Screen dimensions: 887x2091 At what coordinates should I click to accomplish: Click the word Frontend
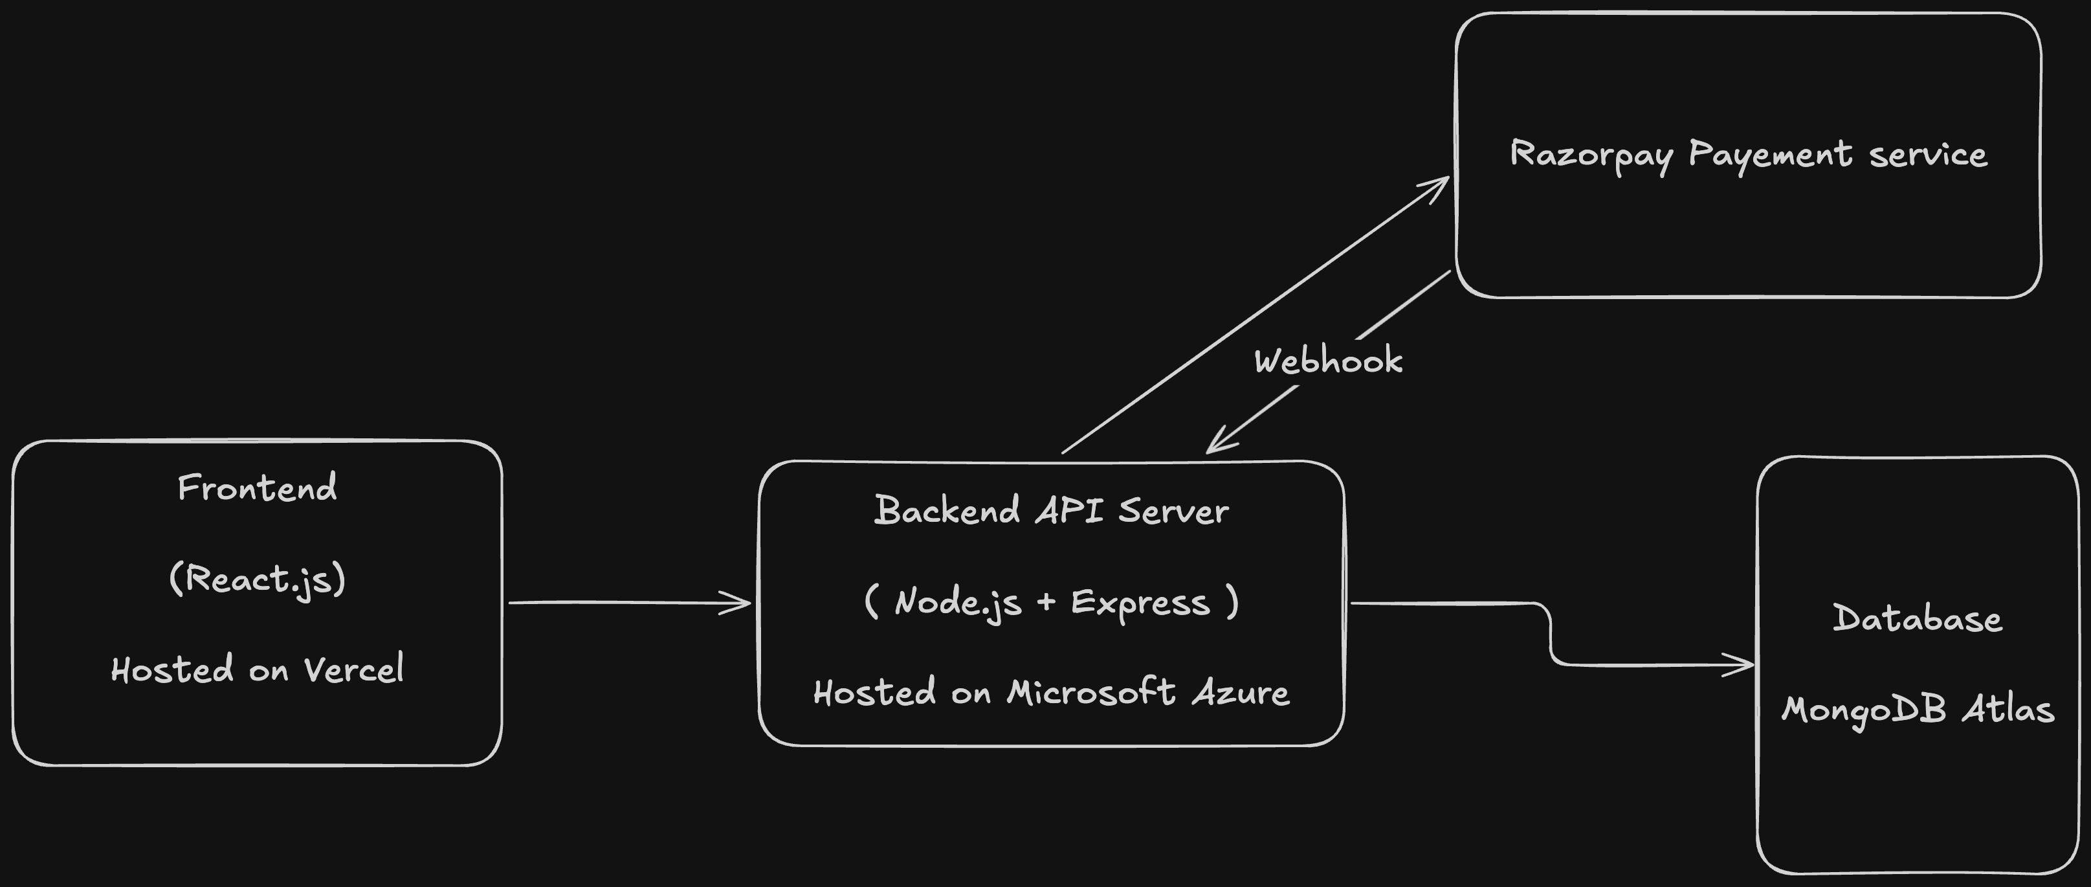(256, 488)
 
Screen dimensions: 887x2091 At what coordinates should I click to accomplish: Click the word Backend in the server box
(946, 511)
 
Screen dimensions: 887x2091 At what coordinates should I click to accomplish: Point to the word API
(1069, 511)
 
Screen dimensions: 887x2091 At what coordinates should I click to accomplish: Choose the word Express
(1140, 603)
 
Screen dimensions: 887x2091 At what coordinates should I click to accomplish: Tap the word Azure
(1241, 693)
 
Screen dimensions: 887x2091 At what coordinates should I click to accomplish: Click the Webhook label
(1328, 361)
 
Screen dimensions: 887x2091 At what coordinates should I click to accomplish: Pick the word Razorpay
(1590, 154)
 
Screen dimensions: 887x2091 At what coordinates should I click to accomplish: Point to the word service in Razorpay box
(1928, 154)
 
